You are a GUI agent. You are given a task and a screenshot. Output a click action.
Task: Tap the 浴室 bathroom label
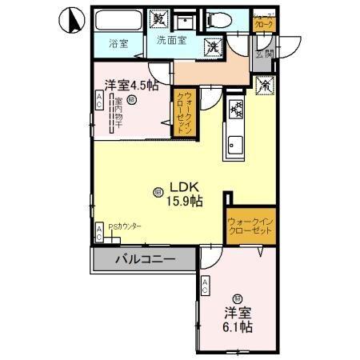coord(118,43)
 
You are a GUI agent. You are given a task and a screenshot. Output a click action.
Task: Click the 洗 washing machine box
coord(214,46)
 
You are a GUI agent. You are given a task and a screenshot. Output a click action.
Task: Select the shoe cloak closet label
coord(263,22)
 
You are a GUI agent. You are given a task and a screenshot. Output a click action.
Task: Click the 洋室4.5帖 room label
coord(129,83)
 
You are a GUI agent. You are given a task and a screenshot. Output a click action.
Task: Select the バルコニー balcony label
coord(144,258)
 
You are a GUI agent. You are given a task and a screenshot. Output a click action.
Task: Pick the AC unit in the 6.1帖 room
coord(206,286)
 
